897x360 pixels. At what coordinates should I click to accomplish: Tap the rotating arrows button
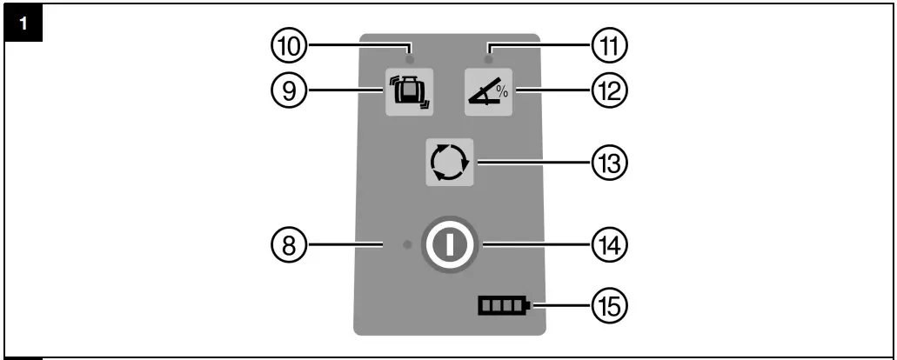coord(449,162)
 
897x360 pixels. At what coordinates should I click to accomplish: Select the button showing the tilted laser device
coord(409,91)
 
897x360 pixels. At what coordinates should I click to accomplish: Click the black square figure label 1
coord(24,22)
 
